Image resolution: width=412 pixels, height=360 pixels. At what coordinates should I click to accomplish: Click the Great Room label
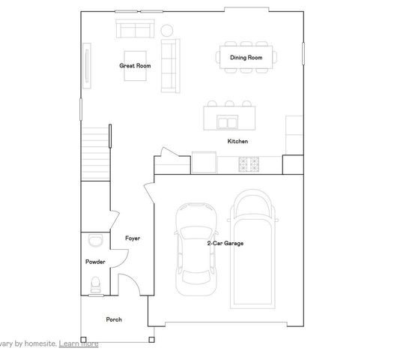pos(135,66)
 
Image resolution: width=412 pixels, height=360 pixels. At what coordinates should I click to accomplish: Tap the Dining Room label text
pos(246,58)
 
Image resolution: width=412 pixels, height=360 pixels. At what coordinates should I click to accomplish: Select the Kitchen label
pos(237,141)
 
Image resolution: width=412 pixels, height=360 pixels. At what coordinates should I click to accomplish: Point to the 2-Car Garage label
pos(225,243)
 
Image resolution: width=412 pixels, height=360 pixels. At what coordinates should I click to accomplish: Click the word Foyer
pos(133,238)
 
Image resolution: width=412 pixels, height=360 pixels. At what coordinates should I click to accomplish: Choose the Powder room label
pos(95,262)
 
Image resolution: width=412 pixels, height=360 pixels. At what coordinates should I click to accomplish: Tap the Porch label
pos(114,319)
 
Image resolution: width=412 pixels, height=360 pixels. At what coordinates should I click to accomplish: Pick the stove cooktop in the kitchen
pos(248,162)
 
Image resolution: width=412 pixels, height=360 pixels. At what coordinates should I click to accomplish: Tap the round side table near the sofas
pos(167,31)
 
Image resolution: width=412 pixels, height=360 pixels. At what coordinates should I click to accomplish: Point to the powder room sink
pos(95,240)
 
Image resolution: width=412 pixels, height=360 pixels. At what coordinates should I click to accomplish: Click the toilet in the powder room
pos(94,284)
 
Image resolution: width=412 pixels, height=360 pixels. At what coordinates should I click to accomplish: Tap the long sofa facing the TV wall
pos(169,65)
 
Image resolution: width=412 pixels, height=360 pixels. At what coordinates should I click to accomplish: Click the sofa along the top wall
pos(135,30)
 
